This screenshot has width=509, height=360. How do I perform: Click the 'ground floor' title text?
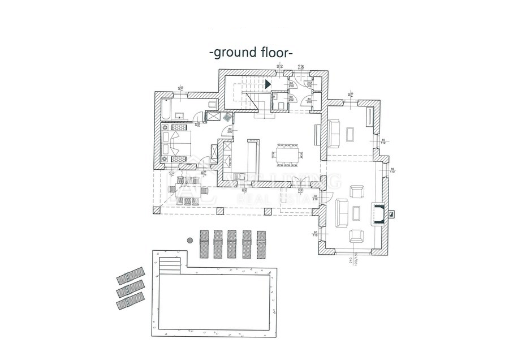coord(251,53)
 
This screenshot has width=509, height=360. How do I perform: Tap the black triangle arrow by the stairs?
coord(268,83)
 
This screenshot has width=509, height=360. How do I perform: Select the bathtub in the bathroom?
coord(170,108)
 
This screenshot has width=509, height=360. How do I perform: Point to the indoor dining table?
coord(288,155)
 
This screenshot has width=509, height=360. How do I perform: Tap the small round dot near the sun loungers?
coord(191,240)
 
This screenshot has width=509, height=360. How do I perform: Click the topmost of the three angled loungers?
coord(131,276)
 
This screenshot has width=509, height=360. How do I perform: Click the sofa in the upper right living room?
coord(334,132)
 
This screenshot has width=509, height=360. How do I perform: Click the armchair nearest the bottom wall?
coord(356,235)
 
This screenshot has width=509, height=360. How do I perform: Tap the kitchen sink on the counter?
coord(240,176)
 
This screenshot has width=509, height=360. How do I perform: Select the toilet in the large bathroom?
coord(212,105)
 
